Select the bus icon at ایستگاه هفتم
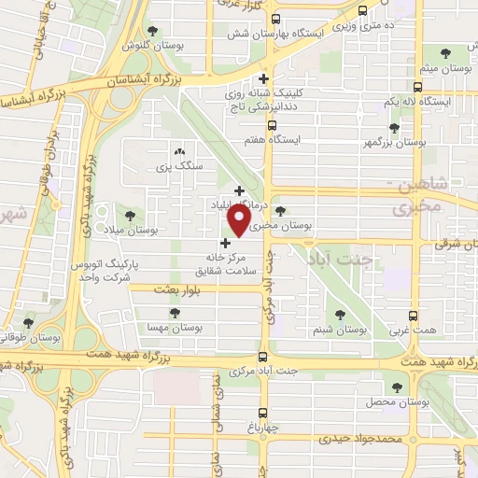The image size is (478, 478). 272,125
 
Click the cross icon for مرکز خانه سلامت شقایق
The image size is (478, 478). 224,243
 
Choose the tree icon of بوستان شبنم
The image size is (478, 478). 339,316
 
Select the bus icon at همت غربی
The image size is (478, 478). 415,316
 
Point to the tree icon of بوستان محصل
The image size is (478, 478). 398,387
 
